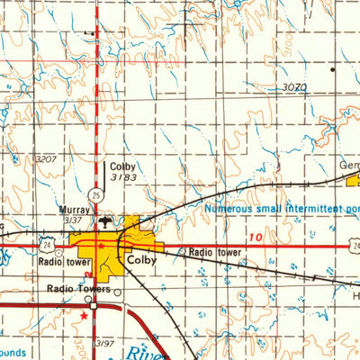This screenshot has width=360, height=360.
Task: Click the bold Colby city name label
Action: [x=142, y=259]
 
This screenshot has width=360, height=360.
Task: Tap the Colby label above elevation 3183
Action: [x=123, y=166]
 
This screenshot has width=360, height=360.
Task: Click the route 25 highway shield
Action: [x=95, y=193]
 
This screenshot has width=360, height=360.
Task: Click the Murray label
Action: [x=74, y=210]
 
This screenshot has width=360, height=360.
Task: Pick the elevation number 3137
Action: [x=77, y=220]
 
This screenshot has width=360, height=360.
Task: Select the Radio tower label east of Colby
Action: [x=216, y=253]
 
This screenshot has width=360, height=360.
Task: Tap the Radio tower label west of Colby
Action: [x=65, y=264]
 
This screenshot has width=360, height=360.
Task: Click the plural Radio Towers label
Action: [x=78, y=290]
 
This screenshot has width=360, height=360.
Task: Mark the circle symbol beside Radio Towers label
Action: [x=116, y=291]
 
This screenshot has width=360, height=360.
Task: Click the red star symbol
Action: [x=85, y=316]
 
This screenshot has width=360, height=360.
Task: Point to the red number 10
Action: [x=257, y=237]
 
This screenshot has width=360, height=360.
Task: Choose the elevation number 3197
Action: [x=106, y=344]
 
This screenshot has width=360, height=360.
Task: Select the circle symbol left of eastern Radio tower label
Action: [x=182, y=253]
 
